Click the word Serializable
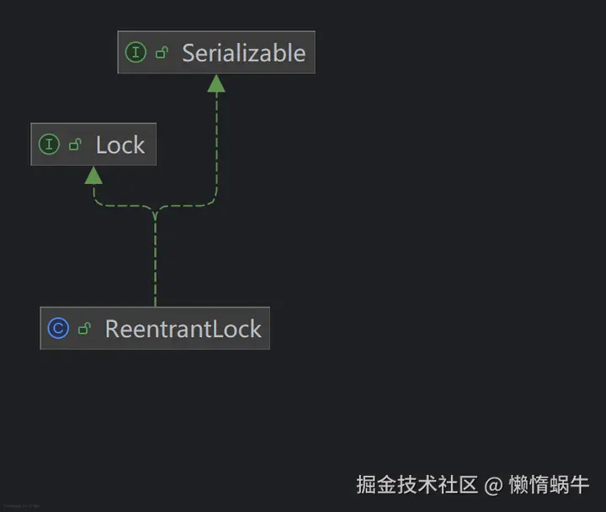pyautogui.click(x=243, y=53)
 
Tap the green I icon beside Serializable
pyautogui.click(x=135, y=52)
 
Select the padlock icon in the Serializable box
pyautogui.click(x=162, y=53)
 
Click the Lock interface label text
pyautogui.click(x=120, y=145)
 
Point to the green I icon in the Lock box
pyautogui.click(x=49, y=145)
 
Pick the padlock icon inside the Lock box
pyautogui.click(x=75, y=145)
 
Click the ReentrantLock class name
pyautogui.click(x=183, y=329)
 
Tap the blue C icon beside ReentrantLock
pyautogui.click(x=58, y=329)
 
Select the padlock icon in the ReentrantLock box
pyautogui.click(x=84, y=329)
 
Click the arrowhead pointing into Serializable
pyautogui.click(x=216, y=82)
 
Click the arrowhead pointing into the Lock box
pyautogui.click(x=93, y=175)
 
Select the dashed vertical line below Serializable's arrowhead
pyautogui.click(x=216, y=143)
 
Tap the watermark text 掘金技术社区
pyautogui.click(x=417, y=485)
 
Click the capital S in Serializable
pyautogui.click(x=189, y=53)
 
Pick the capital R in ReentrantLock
pyautogui.click(x=112, y=329)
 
